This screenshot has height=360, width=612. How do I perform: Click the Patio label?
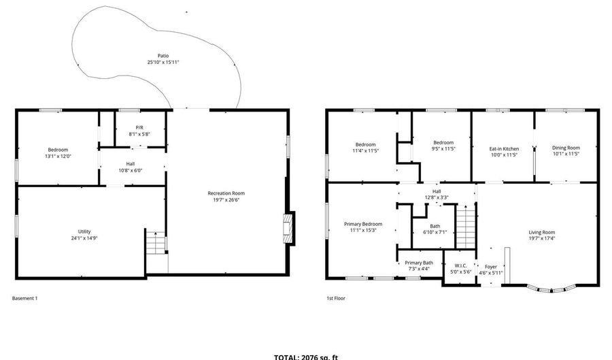[x=163, y=56]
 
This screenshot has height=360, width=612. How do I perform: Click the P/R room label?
[x=139, y=127]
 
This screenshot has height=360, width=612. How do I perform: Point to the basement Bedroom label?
[x=58, y=150]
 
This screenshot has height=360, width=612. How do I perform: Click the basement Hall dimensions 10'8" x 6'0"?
[x=130, y=170]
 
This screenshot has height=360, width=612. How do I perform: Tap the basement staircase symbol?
[x=156, y=243]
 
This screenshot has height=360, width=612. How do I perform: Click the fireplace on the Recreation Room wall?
[x=289, y=229]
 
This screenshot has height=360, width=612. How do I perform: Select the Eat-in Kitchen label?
[x=504, y=148]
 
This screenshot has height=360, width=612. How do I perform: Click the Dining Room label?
[x=566, y=148]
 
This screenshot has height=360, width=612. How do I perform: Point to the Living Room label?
[x=542, y=233]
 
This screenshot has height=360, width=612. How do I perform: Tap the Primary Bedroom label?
[x=362, y=224]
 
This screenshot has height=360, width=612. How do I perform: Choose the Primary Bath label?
[x=419, y=263]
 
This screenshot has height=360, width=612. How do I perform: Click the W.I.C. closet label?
[x=461, y=265]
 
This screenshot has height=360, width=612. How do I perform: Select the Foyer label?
[x=491, y=267]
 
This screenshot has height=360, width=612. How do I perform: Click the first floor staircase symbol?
[x=464, y=229]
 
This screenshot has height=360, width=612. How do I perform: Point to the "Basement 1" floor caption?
[x=25, y=298]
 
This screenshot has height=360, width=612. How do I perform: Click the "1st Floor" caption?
[x=335, y=298]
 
